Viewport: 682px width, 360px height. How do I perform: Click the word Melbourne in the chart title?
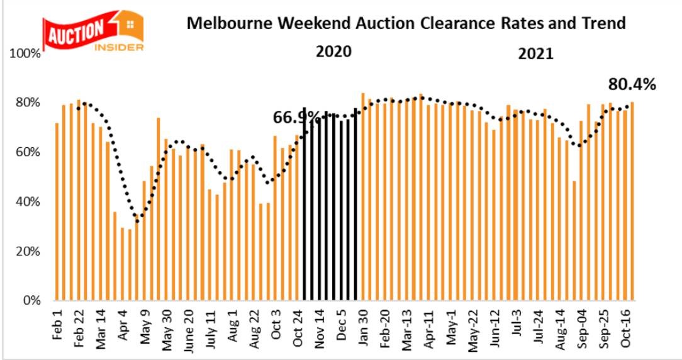[x=223, y=24]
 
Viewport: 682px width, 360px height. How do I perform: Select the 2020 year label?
[x=333, y=51]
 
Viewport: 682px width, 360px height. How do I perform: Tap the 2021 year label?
[x=535, y=53]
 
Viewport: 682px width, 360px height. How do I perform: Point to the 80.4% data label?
[x=632, y=84]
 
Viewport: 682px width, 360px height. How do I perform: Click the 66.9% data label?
[x=296, y=118]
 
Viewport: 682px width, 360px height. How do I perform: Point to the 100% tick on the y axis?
[x=26, y=54]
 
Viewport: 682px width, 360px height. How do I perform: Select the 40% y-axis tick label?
[x=28, y=202]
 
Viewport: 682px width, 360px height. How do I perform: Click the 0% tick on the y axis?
[x=31, y=301]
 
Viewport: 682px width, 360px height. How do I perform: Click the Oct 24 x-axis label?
[x=299, y=324]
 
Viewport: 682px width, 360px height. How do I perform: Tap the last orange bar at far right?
[x=631, y=201]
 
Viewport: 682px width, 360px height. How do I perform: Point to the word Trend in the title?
[x=603, y=24]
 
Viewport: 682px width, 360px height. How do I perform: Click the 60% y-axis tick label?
[x=28, y=152]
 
